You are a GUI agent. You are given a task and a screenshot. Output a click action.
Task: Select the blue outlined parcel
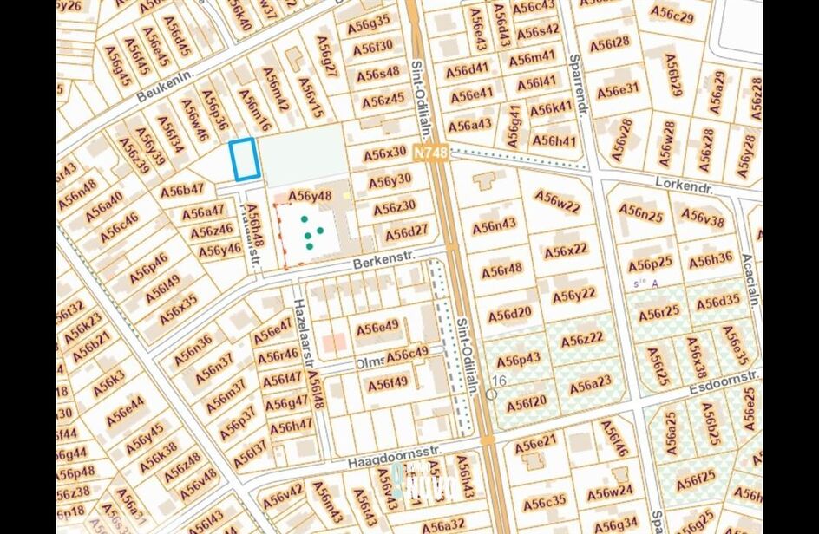[244, 160]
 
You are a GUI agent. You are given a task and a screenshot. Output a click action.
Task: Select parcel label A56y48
[310, 196]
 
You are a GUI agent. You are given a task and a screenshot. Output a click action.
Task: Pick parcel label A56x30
[384, 153]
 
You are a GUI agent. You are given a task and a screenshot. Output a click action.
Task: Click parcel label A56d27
[406, 231]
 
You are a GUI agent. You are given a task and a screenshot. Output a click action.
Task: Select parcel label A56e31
[618, 88]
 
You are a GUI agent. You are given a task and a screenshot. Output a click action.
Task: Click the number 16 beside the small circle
[499, 381]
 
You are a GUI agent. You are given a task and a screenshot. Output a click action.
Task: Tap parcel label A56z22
[582, 340]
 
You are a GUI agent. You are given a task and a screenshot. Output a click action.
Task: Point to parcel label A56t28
[609, 42]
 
